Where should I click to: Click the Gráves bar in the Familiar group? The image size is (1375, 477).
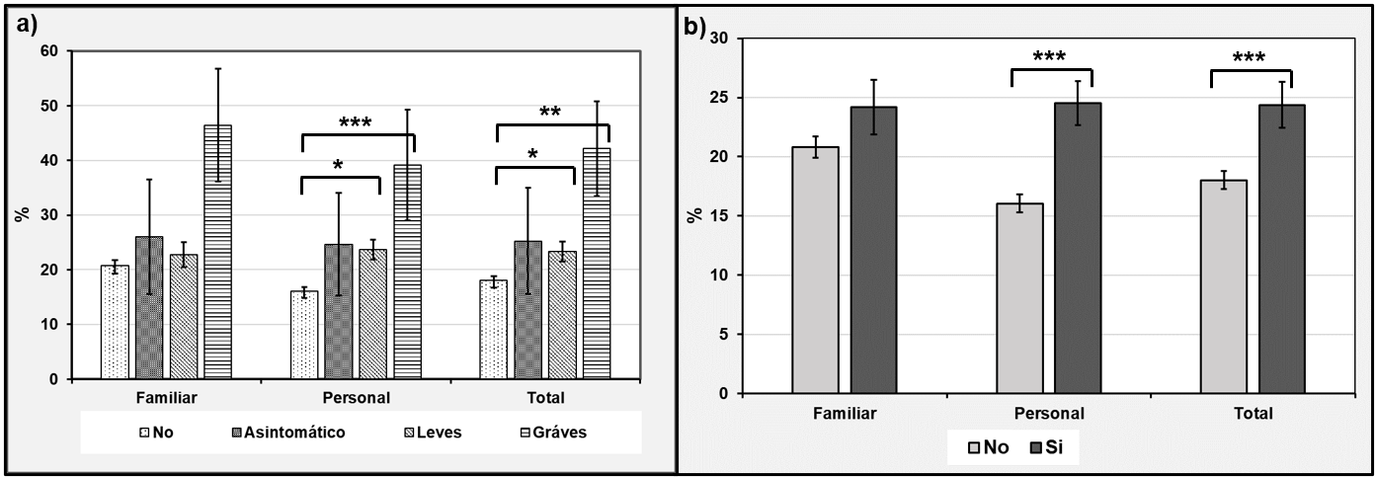pos(217,252)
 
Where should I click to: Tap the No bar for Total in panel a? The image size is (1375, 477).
pos(493,329)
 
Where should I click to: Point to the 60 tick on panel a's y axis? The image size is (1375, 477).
pos(49,50)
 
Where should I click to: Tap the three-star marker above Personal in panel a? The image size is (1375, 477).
pos(356,123)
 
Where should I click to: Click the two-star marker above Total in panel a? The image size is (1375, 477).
pos(551,114)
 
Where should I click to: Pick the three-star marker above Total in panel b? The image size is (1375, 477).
pos(1251,59)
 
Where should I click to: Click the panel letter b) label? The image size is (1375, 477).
pos(695,27)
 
